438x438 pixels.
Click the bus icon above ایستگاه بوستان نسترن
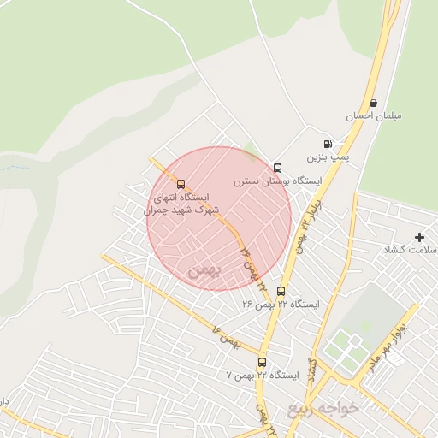(276, 168)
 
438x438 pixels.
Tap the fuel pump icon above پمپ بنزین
(327, 144)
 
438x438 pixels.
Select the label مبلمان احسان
(374, 115)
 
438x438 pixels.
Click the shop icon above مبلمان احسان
(374, 103)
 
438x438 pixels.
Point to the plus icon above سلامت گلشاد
(418, 236)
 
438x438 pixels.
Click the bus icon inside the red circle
(181, 183)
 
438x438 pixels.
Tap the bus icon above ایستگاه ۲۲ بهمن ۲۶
(281, 291)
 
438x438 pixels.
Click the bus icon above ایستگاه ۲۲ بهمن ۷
(261, 362)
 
